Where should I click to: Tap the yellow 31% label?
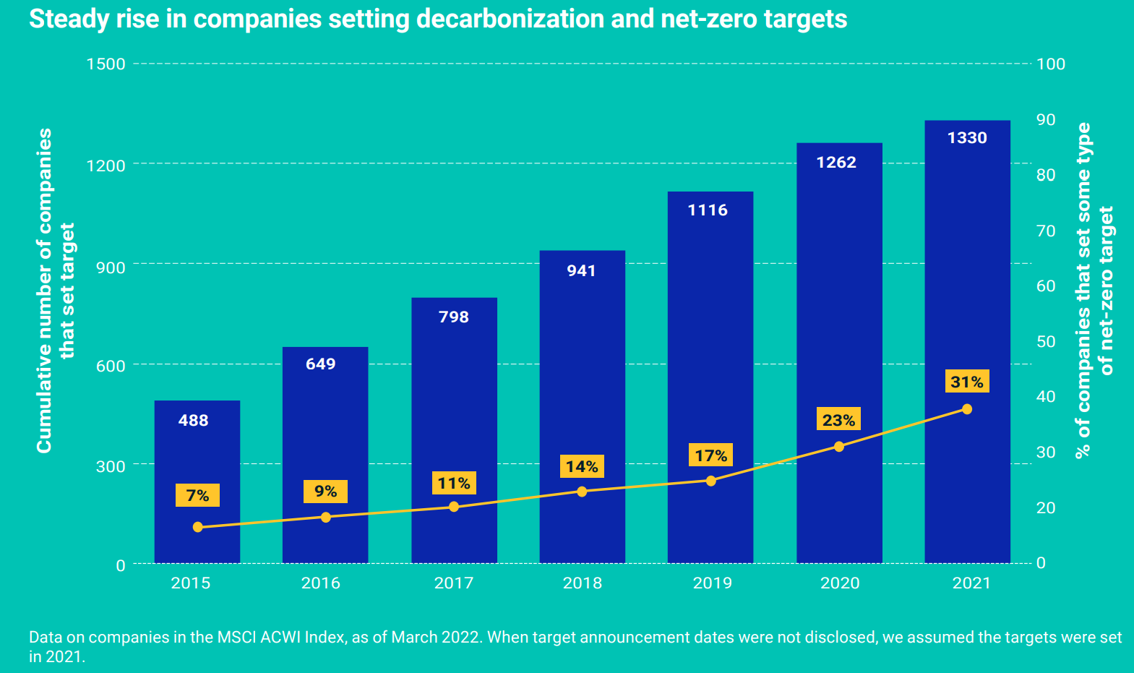tap(966, 382)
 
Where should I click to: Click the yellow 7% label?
tap(197, 495)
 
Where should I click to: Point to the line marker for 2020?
tap(838, 447)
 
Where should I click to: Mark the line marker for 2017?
tap(454, 507)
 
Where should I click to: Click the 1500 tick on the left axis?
tap(106, 64)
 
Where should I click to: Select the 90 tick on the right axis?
tap(1046, 119)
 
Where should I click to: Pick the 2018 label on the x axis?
tap(582, 583)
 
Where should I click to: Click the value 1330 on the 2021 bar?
tap(967, 137)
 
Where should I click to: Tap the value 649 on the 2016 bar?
tap(320, 364)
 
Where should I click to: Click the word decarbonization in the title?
tap(510, 19)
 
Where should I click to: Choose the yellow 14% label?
tap(582, 466)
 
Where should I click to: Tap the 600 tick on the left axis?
tap(111, 366)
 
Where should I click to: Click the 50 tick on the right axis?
tap(1046, 341)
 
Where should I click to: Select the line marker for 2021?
tap(967, 409)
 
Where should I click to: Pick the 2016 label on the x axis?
tap(320, 583)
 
